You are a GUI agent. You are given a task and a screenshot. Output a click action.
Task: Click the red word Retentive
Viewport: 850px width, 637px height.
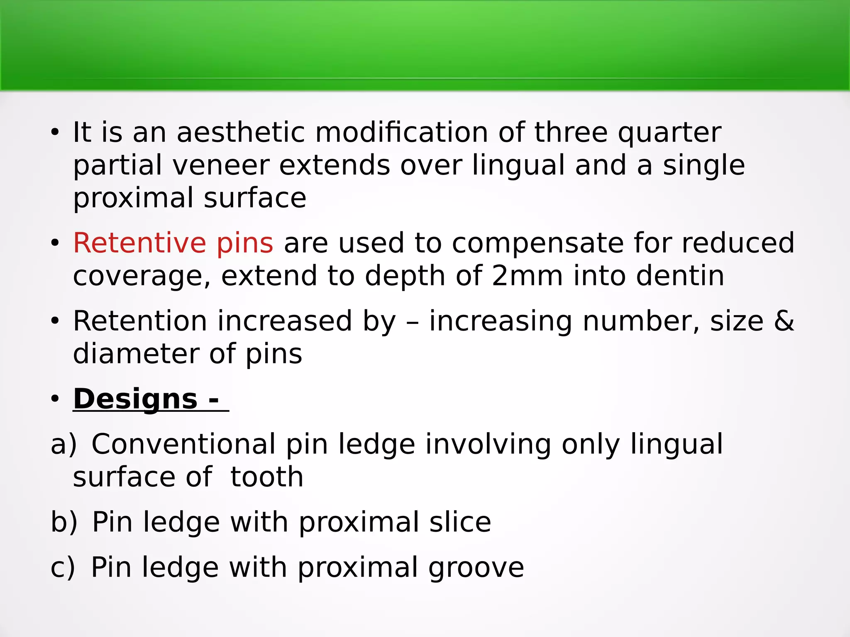pos(139,243)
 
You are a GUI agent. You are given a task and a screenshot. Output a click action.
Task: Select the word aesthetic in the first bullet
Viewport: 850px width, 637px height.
pos(241,133)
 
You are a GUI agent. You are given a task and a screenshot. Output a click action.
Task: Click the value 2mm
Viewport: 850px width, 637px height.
pos(527,276)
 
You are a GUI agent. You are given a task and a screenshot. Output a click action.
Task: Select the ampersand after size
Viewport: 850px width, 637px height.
pos(784,321)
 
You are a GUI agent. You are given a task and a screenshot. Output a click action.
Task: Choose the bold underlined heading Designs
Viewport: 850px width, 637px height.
pos(135,400)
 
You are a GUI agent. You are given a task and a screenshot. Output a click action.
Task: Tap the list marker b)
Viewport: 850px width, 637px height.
pos(64,523)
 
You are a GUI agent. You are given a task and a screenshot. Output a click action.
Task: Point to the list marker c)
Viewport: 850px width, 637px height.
pos(63,568)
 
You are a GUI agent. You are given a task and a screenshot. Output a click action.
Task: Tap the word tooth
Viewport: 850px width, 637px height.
pos(266,477)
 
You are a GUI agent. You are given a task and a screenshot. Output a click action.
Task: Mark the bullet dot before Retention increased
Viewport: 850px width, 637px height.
pos(55,322)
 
